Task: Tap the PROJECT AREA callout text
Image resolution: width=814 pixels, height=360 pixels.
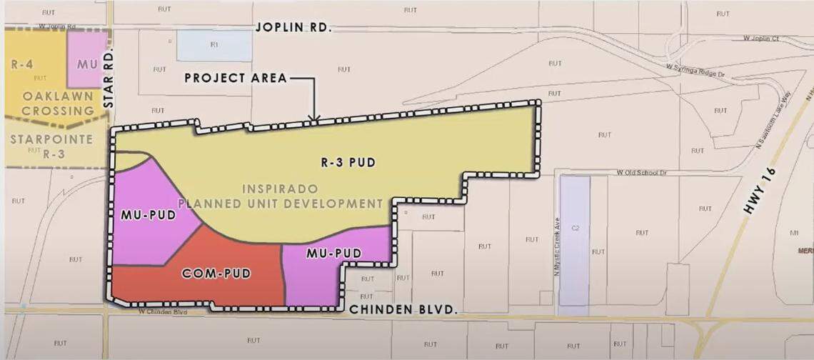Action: pos(236,78)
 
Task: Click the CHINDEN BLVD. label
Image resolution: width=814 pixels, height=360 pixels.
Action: pos(403,309)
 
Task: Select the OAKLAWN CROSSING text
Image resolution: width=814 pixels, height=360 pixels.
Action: pos(58,104)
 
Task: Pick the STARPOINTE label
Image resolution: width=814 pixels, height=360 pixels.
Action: pos(51,139)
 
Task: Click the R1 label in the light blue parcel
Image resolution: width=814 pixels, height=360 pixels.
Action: pos(213,44)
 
